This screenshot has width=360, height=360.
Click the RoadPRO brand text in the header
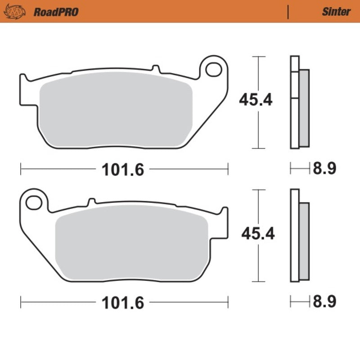tap(56, 12)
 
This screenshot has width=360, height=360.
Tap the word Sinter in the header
tap(336, 12)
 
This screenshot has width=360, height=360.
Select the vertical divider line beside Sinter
tap(288, 12)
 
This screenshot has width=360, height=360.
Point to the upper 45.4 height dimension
tap(256, 100)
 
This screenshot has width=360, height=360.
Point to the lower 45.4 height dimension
tap(258, 233)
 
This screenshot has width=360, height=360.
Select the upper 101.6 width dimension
tap(123, 170)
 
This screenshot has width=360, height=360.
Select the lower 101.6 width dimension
tap(123, 303)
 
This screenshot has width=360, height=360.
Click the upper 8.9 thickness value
tap(324, 169)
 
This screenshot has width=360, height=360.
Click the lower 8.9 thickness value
tap(324, 302)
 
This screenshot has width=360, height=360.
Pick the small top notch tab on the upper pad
tap(156, 68)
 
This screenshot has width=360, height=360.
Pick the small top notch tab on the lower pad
tap(91, 201)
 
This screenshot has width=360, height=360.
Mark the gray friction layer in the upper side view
tap(304, 108)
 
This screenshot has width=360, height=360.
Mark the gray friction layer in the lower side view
tap(304, 241)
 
